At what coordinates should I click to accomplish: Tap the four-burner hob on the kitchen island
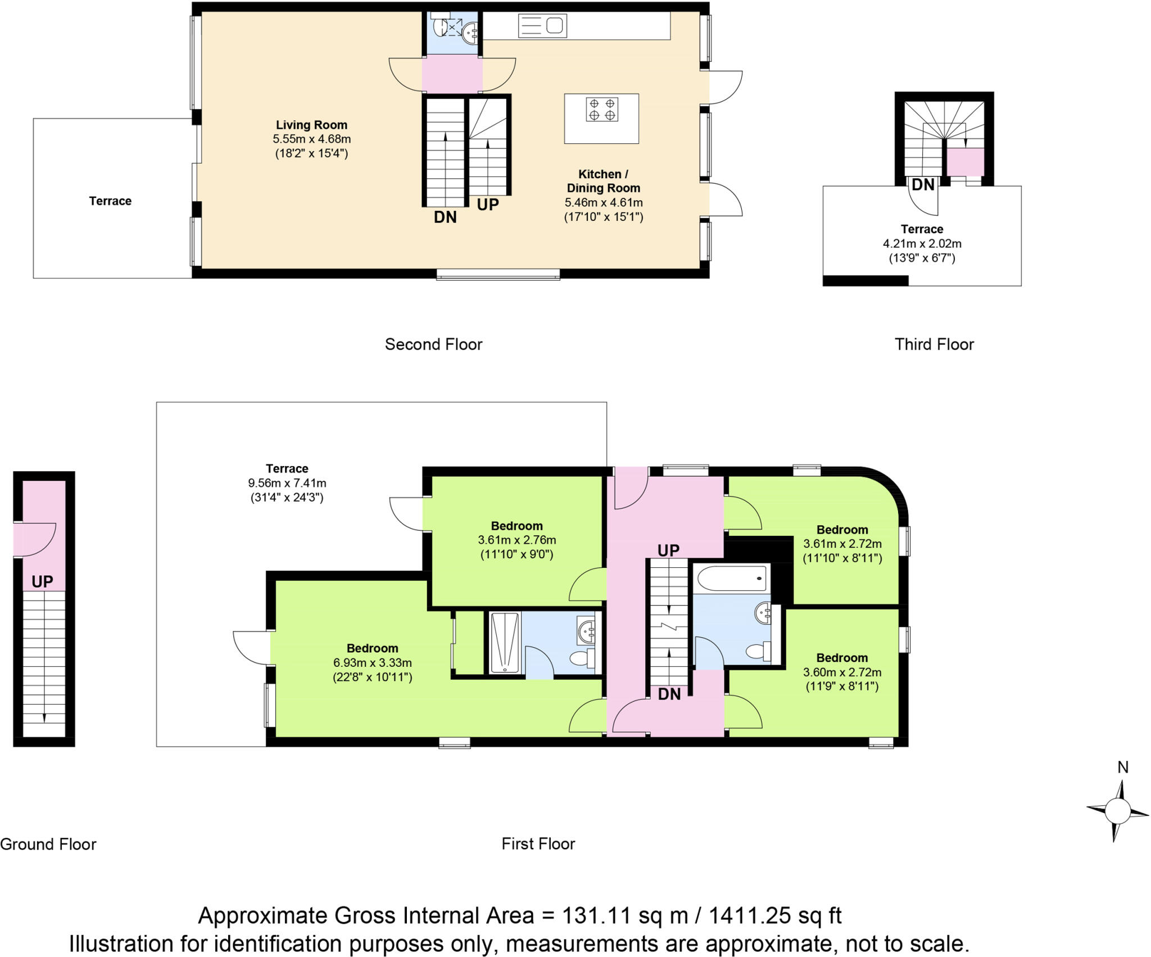point(601,109)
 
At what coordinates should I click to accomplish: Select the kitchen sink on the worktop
point(542,26)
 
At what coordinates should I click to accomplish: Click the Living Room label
point(311,125)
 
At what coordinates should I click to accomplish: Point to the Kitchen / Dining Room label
point(603,181)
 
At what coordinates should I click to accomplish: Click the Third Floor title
point(934,344)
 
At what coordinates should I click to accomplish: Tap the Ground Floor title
point(48,844)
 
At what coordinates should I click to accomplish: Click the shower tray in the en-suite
point(504,642)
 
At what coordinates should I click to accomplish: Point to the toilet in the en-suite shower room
point(581,657)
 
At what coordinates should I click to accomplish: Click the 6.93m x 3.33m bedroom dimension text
point(372,662)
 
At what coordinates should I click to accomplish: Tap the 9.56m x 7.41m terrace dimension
point(287,483)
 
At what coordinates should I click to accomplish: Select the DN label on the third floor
point(922,184)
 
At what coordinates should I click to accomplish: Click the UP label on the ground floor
point(42,581)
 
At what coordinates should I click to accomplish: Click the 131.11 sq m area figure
point(624,915)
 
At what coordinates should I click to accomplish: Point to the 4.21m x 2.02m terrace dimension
point(922,243)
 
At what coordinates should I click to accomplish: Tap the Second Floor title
point(433,344)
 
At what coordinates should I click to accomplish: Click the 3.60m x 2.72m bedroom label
point(841,672)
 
